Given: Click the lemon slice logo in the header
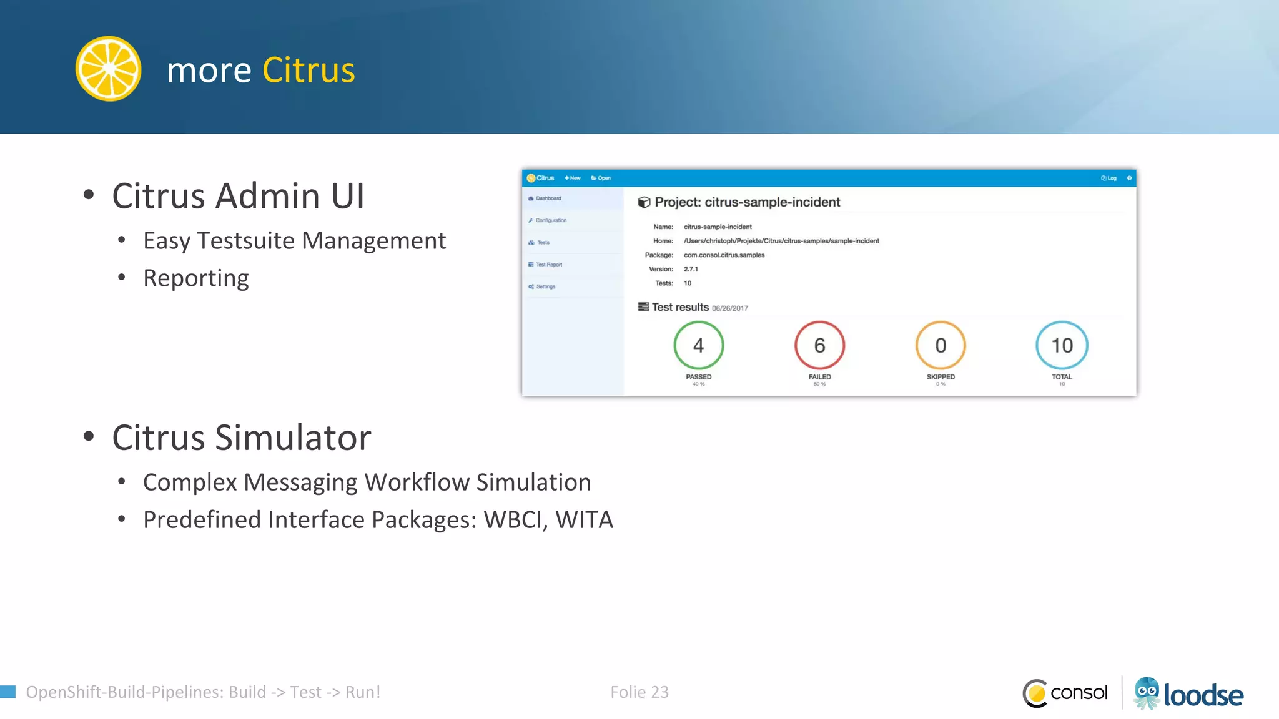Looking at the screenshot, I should click(108, 69).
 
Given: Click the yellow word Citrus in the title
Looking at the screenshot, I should click(309, 70).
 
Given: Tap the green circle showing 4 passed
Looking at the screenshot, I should click(698, 345).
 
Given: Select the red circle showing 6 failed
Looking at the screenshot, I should click(819, 345).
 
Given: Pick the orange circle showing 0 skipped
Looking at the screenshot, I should click(941, 345).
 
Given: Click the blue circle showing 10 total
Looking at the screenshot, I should click(1062, 345).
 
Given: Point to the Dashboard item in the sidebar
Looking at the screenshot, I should click(548, 198).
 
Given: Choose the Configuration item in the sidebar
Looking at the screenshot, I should click(550, 220).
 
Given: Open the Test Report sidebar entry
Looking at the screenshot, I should click(548, 265).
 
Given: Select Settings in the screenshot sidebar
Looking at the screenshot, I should click(545, 286).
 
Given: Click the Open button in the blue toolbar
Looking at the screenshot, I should click(601, 178).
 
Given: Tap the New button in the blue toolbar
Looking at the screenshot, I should click(573, 178).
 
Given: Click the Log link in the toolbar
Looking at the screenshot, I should click(1109, 178).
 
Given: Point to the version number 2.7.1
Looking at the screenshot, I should click(691, 269).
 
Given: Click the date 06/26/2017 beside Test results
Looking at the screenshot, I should click(729, 308).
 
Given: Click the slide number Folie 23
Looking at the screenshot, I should click(639, 692).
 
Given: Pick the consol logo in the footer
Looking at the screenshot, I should click(1065, 693).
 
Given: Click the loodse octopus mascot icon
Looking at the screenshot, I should click(1147, 693).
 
